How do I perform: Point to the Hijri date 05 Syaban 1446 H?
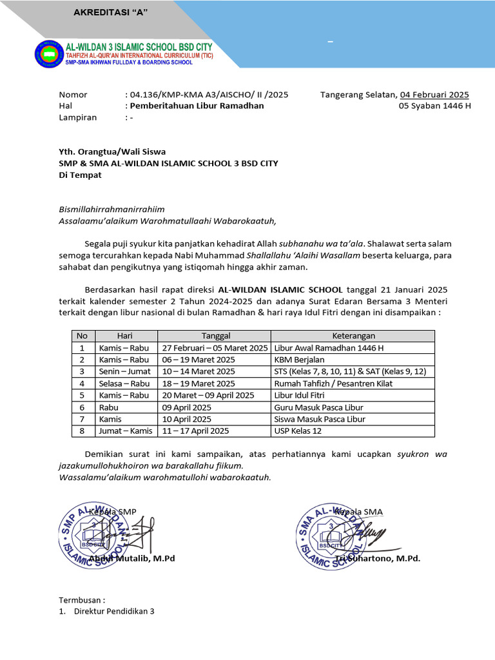coord(434,106)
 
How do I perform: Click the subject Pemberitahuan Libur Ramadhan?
coord(197,106)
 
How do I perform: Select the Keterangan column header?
coord(353,336)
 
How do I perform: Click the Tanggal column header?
coord(215,336)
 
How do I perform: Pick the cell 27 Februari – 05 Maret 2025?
coord(215,348)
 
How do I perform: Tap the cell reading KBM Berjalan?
coord(299,360)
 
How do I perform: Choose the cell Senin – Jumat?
coord(124,371)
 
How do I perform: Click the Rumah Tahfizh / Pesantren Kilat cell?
coord(333,383)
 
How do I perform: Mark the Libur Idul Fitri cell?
coord(300,395)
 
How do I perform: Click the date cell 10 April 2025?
coord(186,419)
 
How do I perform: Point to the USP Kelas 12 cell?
coord(297,431)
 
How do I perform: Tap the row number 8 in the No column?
coord(82,431)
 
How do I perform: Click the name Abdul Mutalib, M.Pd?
coord(132,558)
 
